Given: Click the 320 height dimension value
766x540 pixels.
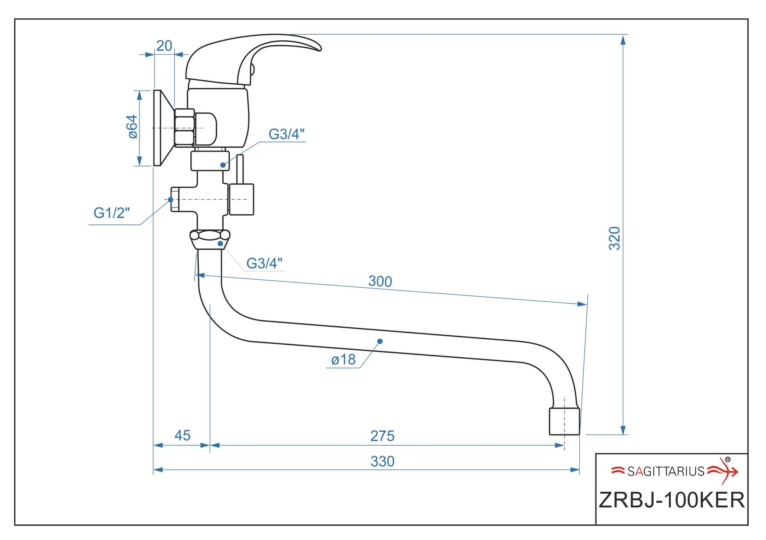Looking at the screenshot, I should coord(614,239).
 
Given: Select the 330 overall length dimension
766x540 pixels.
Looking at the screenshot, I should coord(382,461).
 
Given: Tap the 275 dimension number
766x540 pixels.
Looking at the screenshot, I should coord(382,436).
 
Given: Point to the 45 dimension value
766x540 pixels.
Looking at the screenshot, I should coord(182,436).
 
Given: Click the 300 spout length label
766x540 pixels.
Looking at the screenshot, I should coord(380,281).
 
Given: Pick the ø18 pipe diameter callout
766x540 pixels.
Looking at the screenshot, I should coord(343,359).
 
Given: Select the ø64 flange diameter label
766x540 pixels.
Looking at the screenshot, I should coord(132,127).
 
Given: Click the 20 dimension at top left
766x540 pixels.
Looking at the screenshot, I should coord(164,46).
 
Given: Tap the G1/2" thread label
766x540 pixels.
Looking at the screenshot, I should coord(112,213).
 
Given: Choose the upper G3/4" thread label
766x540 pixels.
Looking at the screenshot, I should coord(287,134).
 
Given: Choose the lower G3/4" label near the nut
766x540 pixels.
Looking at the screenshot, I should coord(264,264).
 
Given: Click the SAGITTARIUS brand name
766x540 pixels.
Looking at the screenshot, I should coord(666,471).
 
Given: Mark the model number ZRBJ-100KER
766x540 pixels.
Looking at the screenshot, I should coord(672,501).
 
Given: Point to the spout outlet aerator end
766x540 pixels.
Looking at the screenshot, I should coord(564,422).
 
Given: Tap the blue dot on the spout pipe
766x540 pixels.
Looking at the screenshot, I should coord(380,341).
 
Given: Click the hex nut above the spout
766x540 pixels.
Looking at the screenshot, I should coord(210,239).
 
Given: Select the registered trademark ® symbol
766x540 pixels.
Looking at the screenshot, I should coord(728,459).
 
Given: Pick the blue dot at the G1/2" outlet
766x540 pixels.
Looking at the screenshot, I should coord(171,199).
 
